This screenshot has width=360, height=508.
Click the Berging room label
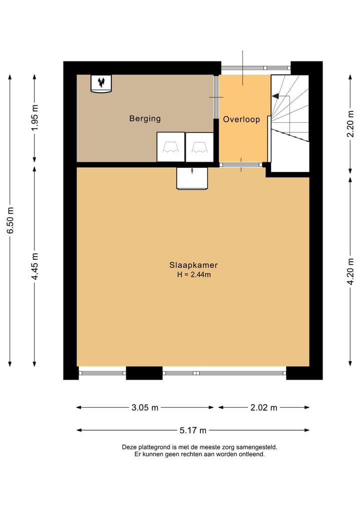tap(145, 118)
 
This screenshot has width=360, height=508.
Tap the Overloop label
tap(241, 119)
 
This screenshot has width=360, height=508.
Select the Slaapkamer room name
tap(193, 265)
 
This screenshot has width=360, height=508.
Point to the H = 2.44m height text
tap(194, 275)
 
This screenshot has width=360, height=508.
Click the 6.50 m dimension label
tap(10, 220)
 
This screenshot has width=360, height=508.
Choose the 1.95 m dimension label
tap(34, 117)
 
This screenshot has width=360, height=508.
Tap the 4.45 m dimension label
tap(34, 266)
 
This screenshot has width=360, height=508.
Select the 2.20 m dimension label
tap(350, 123)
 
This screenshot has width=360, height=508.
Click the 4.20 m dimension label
tap(350, 272)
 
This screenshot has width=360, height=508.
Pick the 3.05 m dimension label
tap(144, 408)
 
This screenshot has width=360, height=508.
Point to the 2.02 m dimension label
tap(263, 408)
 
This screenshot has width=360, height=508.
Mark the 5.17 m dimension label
tap(193, 431)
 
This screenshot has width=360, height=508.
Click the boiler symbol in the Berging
tap(101, 84)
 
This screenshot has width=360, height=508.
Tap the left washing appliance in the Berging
tap(170, 147)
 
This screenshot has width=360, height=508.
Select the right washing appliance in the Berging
tap(199, 147)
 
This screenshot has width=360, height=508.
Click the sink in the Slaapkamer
tap(192, 178)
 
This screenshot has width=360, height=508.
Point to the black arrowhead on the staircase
tap(275, 96)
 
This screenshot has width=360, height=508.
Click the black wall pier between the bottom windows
tap(144, 373)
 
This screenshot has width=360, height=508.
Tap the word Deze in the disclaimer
tap(128, 448)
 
